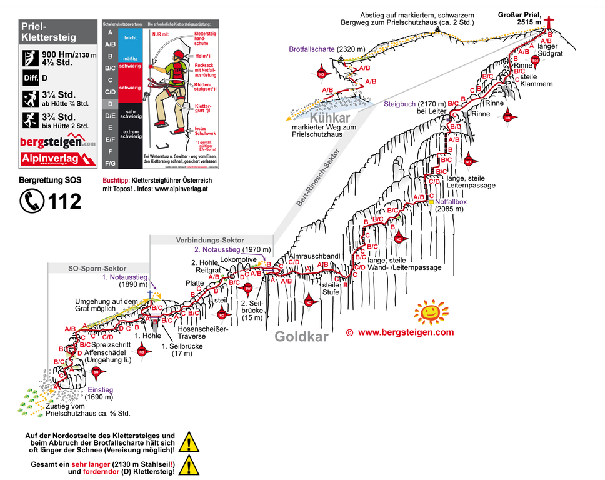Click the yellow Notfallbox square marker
(x=431, y=202)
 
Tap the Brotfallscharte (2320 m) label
(x=321, y=49)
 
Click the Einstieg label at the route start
(x=100, y=389)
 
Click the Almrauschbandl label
(x=314, y=257)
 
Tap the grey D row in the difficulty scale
(x=110, y=104)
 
